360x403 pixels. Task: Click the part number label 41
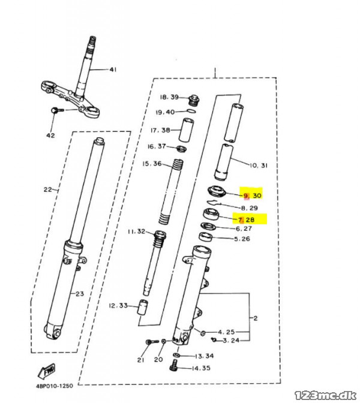113,70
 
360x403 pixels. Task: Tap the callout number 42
50,135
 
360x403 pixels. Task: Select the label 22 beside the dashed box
47,190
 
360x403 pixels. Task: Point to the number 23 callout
80,293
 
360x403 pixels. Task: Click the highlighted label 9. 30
252,196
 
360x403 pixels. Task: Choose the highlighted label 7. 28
246,219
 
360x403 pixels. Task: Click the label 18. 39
169,97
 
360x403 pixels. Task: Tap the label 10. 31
259,166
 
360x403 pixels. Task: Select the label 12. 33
118,306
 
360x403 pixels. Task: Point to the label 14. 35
201,368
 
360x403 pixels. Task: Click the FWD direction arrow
46,371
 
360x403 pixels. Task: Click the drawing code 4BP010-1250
55,386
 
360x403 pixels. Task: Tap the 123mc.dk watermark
325,395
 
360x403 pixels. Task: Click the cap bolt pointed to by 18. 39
194,100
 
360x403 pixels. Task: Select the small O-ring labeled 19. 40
191,111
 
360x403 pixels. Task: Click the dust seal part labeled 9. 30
217,191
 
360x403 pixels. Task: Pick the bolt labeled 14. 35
174,365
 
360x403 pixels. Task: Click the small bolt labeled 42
58,110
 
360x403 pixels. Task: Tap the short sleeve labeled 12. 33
142,307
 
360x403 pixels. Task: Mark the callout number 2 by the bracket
256,318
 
